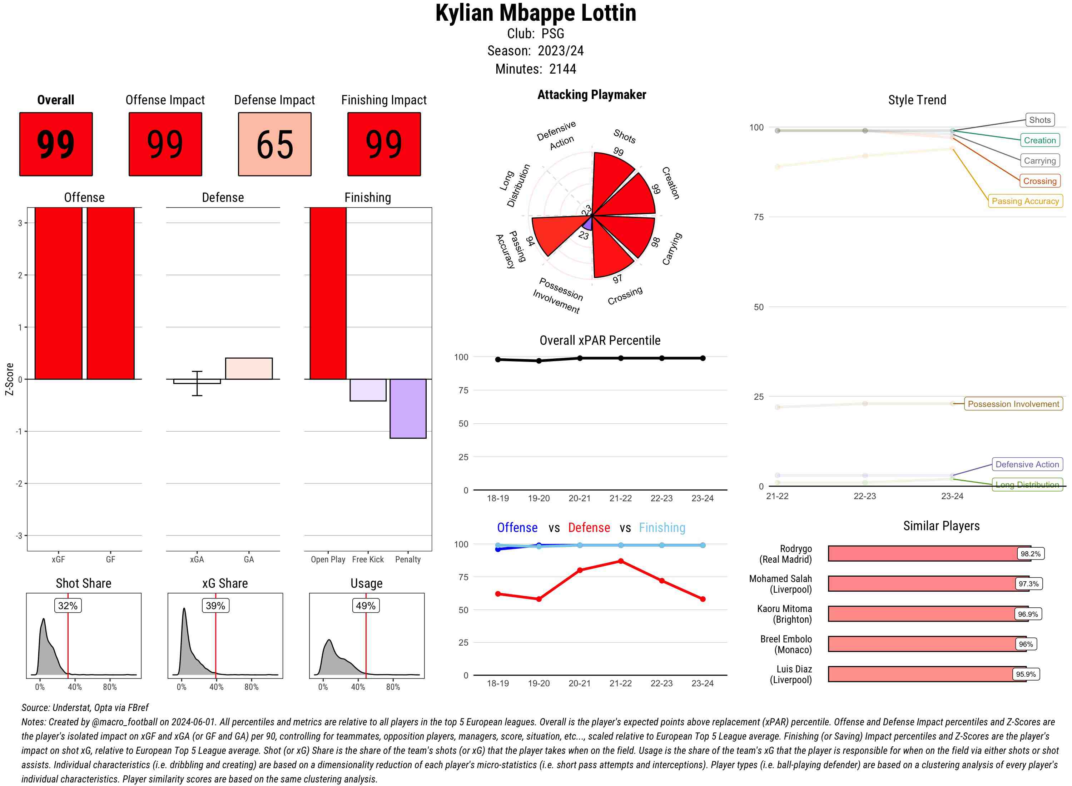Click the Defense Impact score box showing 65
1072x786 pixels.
(274, 144)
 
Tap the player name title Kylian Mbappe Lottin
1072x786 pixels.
(535, 13)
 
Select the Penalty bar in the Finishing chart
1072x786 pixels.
(408, 408)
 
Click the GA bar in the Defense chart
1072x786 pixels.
(249, 369)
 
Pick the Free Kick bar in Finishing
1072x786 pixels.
(368, 390)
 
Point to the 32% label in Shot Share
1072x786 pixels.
(68, 606)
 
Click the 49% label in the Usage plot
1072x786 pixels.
(366, 606)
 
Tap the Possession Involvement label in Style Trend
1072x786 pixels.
(1013, 404)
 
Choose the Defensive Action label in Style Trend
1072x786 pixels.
(1027, 464)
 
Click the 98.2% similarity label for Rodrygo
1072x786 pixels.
(1030, 554)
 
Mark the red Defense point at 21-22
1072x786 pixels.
(620, 561)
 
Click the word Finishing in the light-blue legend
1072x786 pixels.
(662, 528)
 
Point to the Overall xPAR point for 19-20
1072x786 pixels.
(539, 360)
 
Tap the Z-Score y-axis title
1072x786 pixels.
(9, 379)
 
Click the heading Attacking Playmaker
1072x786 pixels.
(591, 95)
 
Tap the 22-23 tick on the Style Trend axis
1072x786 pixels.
(864, 496)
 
